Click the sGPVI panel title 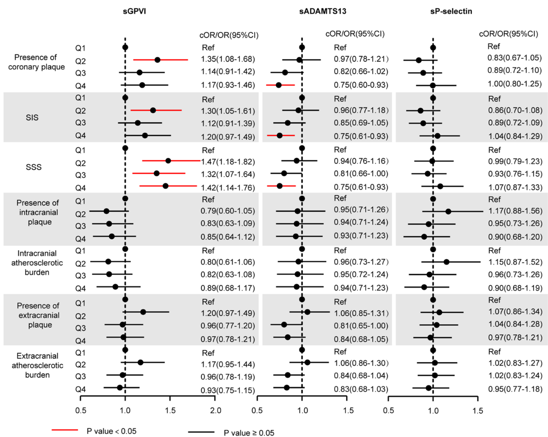pyautogui.click(x=134, y=11)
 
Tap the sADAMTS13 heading pyautogui.click(x=322, y=11)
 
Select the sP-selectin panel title pyautogui.click(x=451, y=11)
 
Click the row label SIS pyautogui.click(x=32, y=118)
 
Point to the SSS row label pyautogui.click(x=33, y=167)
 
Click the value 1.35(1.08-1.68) pyautogui.click(x=228, y=59)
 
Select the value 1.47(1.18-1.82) pyautogui.click(x=228, y=162)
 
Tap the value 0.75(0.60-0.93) pyautogui.click(x=361, y=85)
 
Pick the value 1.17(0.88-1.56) pyautogui.click(x=515, y=211)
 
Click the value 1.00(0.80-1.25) pyautogui.click(x=515, y=84)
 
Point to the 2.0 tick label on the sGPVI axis pyautogui.click(x=215, y=410)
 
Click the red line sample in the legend pyautogui.click(x=65, y=430)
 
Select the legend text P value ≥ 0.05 pyautogui.click(x=249, y=433)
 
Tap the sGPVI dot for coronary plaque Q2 pyautogui.click(x=157, y=60)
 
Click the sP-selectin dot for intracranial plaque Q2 pyautogui.click(x=448, y=211)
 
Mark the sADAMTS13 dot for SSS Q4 pyautogui.click(x=279, y=186)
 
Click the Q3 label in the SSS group pyautogui.click(x=80, y=175)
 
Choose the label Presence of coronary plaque pyautogui.click(x=36, y=62)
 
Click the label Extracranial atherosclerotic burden pyautogui.click(x=37, y=365)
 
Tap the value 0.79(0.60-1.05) pyautogui.click(x=228, y=211)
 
